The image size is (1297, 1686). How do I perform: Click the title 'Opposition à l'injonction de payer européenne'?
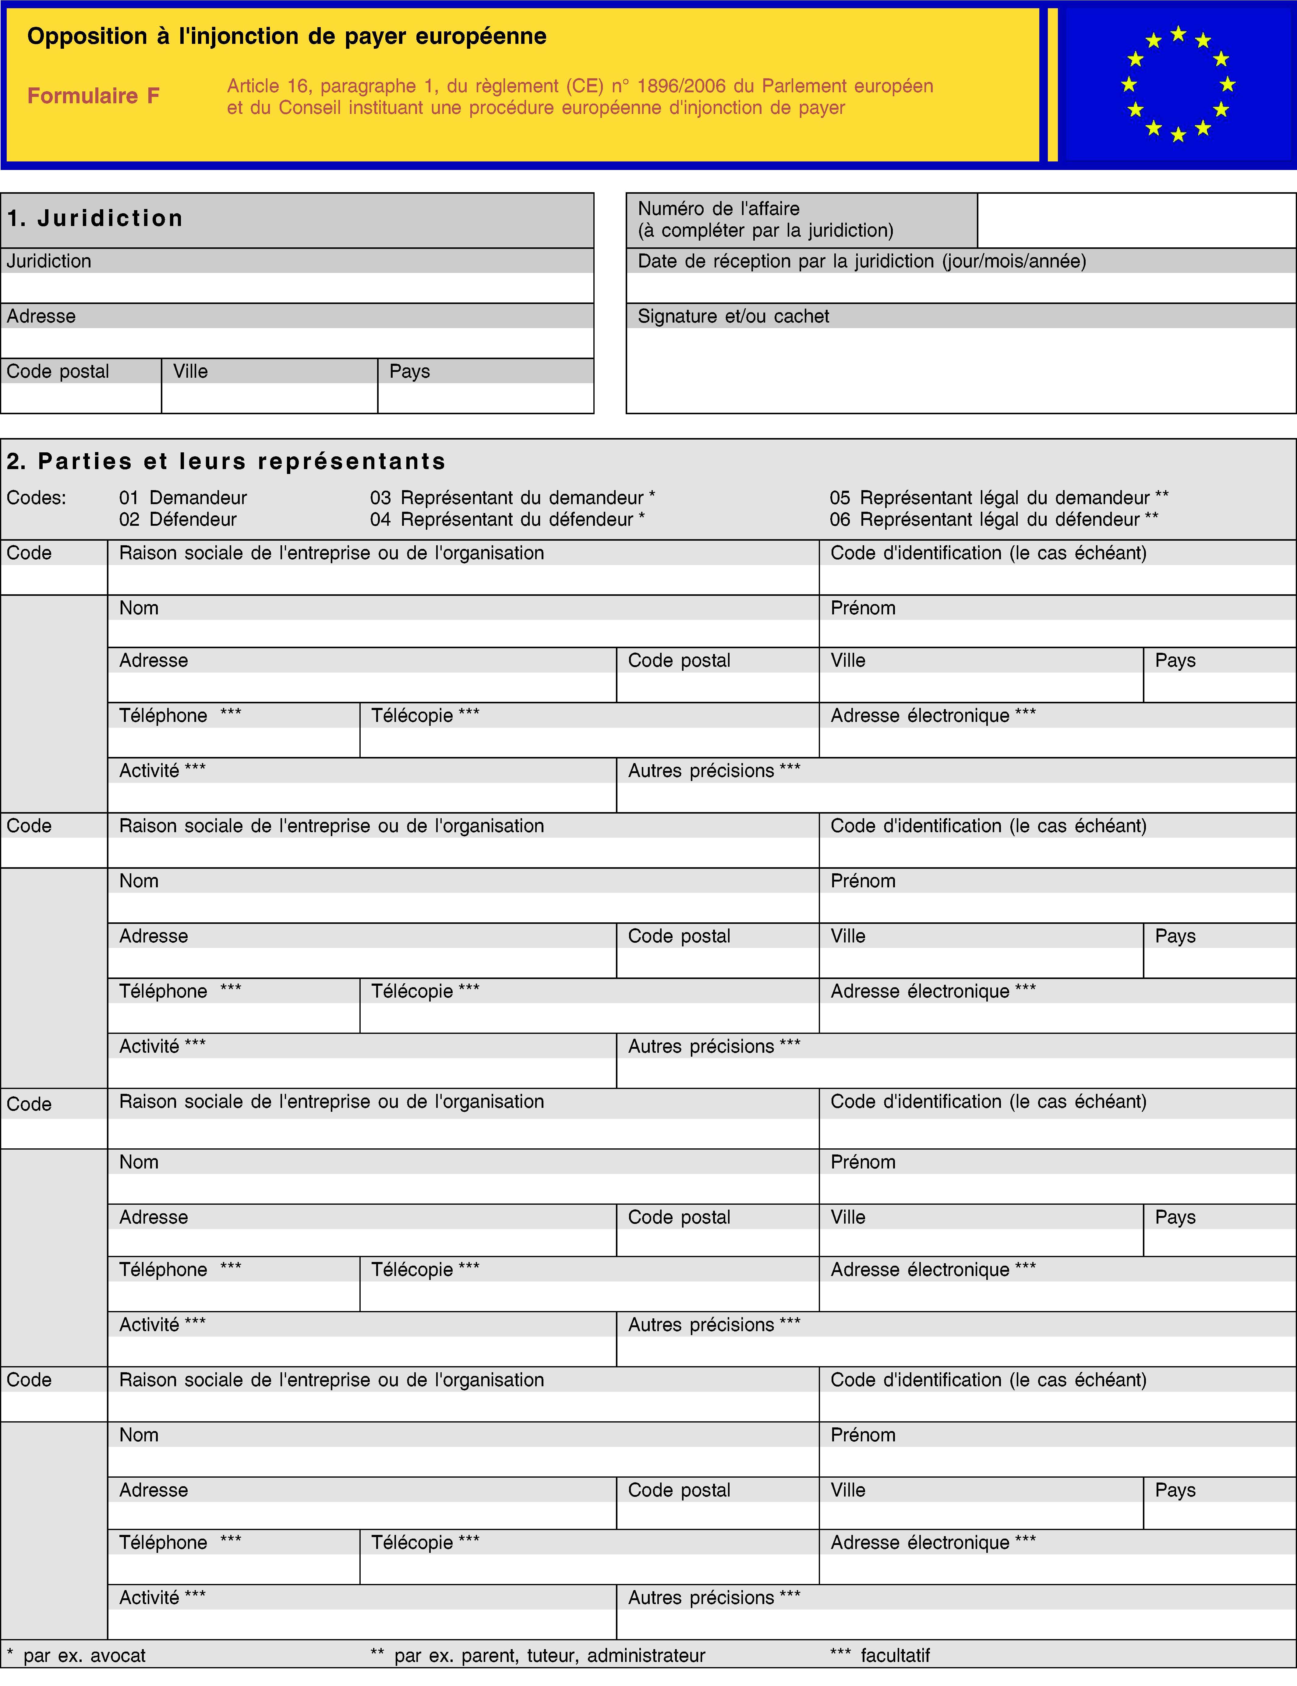(x=286, y=36)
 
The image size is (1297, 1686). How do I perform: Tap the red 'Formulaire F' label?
(x=94, y=96)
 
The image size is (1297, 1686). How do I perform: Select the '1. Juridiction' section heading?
(x=95, y=218)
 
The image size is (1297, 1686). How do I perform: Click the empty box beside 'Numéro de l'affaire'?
(x=1136, y=220)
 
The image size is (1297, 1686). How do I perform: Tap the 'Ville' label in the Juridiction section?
(x=191, y=371)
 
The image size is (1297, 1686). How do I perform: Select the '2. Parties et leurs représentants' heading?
(x=226, y=462)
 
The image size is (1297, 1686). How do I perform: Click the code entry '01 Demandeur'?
(x=183, y=498)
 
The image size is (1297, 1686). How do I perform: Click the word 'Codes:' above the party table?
(x=36, y=498)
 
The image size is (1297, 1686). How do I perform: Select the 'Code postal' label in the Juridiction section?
(x=58, y=371)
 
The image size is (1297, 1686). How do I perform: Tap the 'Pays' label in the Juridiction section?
(x=409, y=371)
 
